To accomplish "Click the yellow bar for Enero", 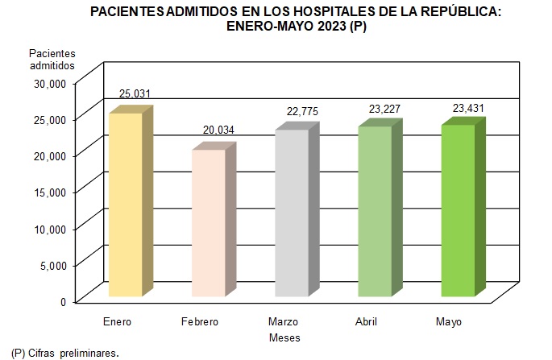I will coord(125,205).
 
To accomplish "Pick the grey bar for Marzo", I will coord(291,213).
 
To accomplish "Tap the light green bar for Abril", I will coord(374,211).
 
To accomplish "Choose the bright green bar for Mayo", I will coord(457,210).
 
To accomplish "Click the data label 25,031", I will coord(135,93).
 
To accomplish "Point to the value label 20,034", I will coord(218,130).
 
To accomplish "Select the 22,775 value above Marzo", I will coord(302,110).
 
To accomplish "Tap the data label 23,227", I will coord(384,107).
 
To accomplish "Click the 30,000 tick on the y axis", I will coord(49,82).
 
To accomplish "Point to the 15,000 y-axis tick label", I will coord(49,192).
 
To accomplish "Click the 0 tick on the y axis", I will coord(63,301).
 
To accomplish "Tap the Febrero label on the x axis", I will coord(199,322).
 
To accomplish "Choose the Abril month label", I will coord(366,322).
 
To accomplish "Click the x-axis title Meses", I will coord(284,337).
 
